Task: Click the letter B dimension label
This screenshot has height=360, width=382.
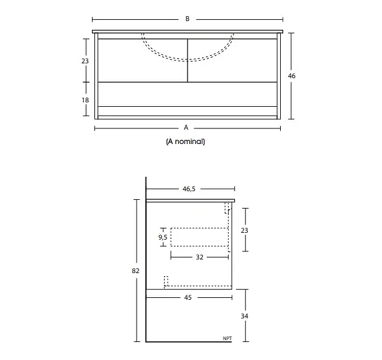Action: click(188, 19)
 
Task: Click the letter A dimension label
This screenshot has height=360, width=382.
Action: click(186, 127)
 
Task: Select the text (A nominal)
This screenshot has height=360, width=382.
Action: click(185, 142)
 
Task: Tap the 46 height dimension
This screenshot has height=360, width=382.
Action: click(291, 76)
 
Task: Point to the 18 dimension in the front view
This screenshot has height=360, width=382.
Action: click(85, 100)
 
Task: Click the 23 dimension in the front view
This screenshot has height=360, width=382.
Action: click(85, 61)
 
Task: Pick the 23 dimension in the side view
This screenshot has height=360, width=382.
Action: click(244, 230)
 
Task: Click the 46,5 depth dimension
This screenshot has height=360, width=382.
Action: click(189, 189)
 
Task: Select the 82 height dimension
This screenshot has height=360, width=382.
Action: click(135, 271)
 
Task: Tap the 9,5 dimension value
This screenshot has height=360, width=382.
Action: click(163, 237)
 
